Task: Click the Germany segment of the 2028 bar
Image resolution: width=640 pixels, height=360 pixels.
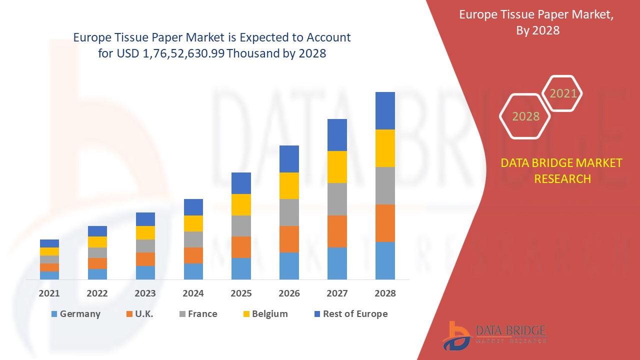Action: coord(385,260)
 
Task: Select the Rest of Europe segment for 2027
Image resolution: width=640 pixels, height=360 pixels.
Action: coord(337,135)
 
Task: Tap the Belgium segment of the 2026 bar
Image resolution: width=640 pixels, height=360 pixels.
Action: coord(289,185)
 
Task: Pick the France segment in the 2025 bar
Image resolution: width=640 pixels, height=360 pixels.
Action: coord(241,226)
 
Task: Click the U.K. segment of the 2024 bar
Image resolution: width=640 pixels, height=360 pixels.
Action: coord(193,255)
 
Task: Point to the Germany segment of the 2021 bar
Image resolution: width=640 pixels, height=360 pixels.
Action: coord(49,275)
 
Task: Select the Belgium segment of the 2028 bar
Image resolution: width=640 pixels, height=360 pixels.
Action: coord(385,148)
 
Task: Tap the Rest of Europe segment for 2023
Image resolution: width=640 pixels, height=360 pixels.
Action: coord(145,219)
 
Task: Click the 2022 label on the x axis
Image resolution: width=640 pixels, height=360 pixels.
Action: coord(97,293)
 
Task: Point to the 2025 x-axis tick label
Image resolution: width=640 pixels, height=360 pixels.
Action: coord(241,293)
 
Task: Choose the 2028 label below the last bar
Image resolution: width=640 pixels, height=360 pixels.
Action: coord(385,293)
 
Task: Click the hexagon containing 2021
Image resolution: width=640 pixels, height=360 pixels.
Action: coord(563,93)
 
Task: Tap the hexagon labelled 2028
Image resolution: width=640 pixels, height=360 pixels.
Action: coord(525,116)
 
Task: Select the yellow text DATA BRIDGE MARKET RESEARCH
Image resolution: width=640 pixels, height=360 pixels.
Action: coord(561,170)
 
